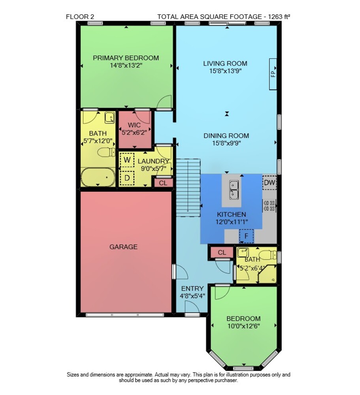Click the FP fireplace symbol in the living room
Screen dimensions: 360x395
click(x=273, y=74)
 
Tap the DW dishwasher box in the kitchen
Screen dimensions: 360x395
click(x=270, y=182)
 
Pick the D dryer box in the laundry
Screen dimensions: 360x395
click(x=127, y=178)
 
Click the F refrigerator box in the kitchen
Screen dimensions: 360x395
click(x=246, y=236)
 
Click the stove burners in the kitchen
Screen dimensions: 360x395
click(x=269, y=205)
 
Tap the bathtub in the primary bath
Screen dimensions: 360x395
click(x=98, y=177)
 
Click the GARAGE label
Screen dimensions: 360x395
click(x=123, y=247)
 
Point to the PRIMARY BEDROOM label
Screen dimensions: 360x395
click(x=126, y=58)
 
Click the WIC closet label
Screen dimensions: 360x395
click(x=134, y=125)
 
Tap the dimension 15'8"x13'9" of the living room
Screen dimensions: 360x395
click(x=225, y=71)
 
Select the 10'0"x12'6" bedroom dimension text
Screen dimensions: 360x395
click(x=243, y=326)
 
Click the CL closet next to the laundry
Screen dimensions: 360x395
click(x=163, y=183)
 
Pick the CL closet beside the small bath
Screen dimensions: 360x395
click(x=222, y=252)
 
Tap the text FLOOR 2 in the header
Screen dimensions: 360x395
click(x=80, y=17)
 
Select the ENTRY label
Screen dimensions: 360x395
click(x=192, y=289)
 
